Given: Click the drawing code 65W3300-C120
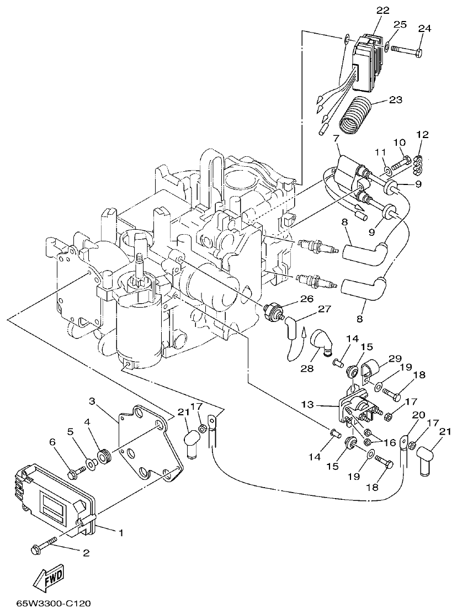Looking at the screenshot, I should click(54, 604).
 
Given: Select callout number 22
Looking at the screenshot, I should click(383, 10).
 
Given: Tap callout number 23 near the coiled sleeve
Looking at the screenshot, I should click(395, 100).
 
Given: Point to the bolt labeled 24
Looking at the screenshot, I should click(408, 51).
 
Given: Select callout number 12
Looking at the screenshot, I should click(422, 134).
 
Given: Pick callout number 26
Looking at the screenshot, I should click(306, 299).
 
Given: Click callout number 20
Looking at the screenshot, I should click(418, 415).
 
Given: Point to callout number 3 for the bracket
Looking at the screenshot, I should click(93, 400).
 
